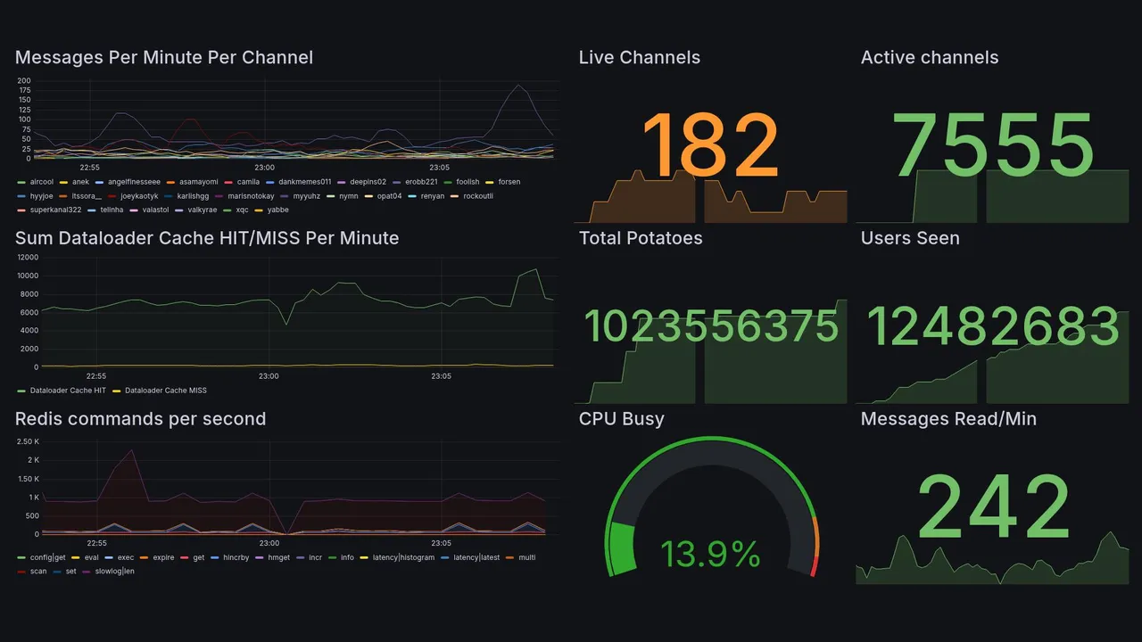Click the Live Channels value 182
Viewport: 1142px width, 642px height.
711,146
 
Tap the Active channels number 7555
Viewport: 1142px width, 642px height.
994,146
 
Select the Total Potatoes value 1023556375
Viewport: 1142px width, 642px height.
711,327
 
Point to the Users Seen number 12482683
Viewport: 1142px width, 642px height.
994,326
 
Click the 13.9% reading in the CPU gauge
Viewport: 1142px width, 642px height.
710,555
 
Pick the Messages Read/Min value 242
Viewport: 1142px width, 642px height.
994,506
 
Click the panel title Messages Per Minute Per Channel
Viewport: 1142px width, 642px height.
164,58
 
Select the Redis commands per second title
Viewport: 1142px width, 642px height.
141,419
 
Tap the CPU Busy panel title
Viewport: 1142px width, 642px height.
622,419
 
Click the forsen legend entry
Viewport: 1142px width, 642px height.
509,182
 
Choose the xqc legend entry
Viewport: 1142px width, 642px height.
242,210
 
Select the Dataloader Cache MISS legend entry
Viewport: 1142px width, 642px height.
166,391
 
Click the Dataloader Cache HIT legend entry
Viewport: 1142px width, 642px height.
67,391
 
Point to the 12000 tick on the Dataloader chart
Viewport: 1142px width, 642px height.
27,258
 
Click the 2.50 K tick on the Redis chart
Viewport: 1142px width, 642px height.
28,441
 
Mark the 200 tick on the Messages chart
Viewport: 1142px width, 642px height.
24,81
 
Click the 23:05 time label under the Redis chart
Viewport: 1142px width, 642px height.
441,543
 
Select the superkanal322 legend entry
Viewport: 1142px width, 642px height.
55,210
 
